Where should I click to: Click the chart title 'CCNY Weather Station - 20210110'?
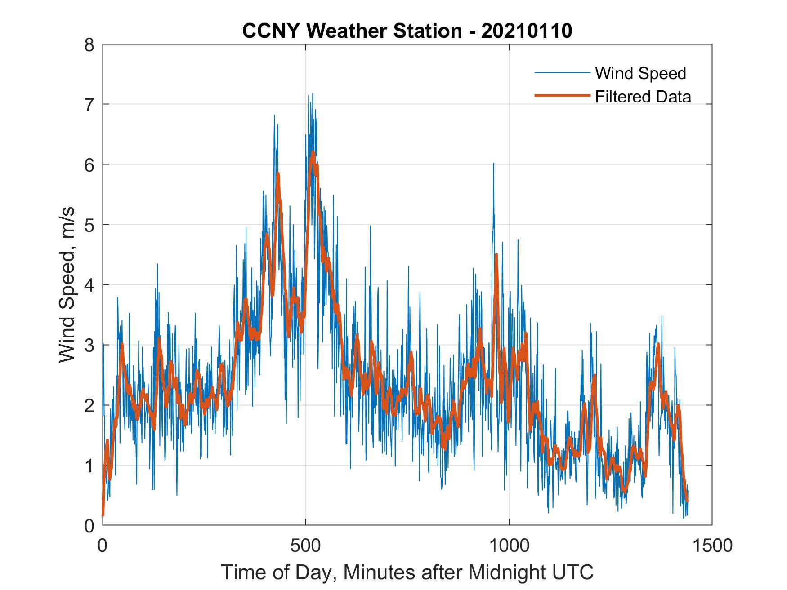[407, 31]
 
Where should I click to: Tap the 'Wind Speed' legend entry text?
[640, 73]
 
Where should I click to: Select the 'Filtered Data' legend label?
[643, 97]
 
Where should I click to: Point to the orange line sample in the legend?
[562, 96]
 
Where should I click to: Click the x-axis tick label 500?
[306, 546]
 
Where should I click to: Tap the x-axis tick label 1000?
[509, 546]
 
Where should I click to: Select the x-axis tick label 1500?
[712, 546]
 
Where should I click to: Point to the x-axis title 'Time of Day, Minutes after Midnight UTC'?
[407, 572]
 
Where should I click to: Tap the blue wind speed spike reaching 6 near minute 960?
[493, 164]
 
